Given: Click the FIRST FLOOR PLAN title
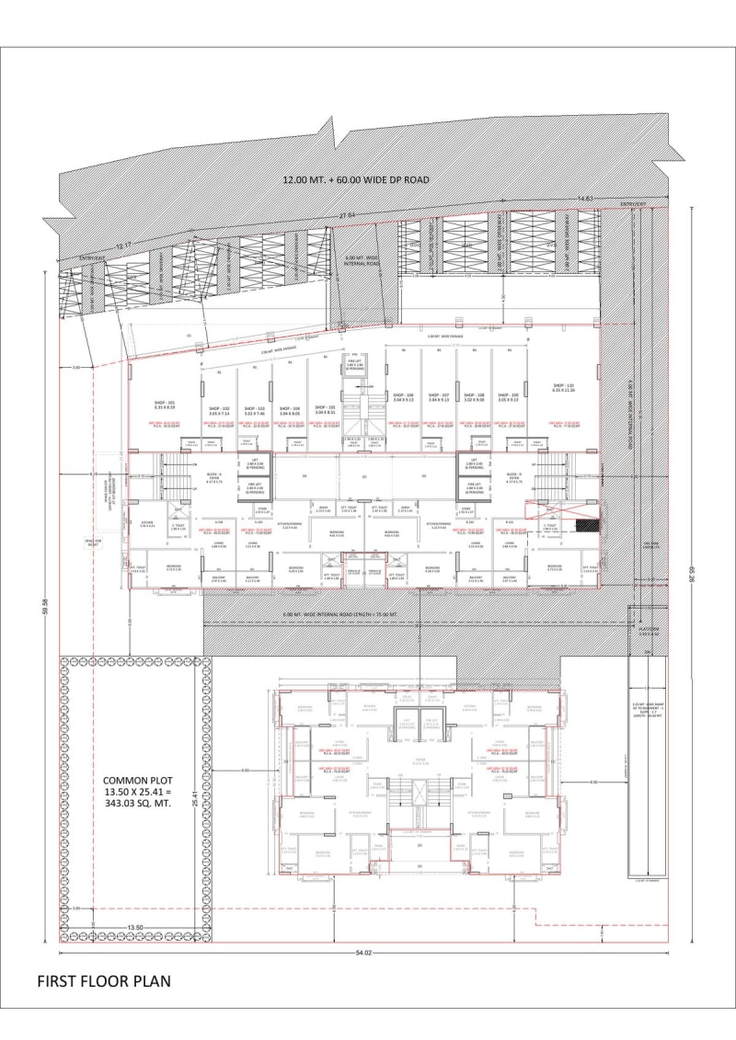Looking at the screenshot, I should (103, 981).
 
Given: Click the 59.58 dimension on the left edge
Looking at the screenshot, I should (44, 608).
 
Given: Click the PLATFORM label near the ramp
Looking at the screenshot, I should (650, 627).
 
